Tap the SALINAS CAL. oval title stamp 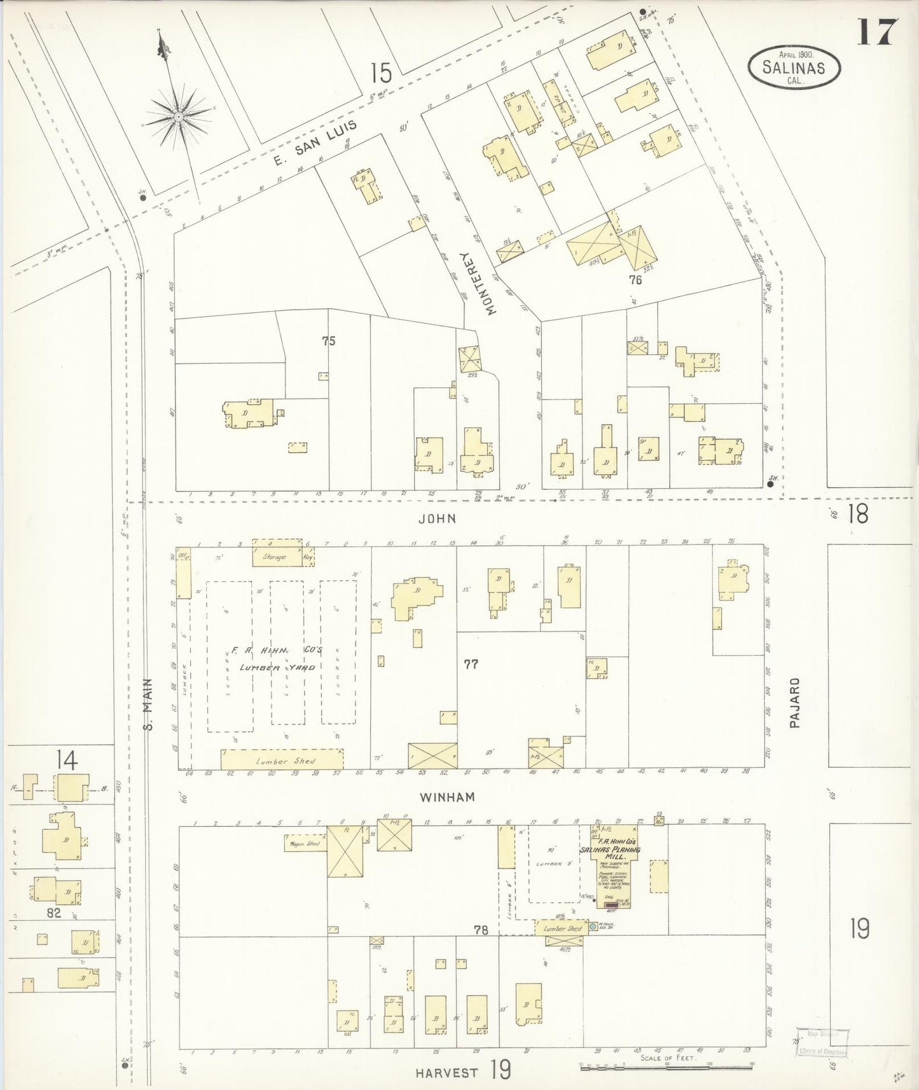point(794,67)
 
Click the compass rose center point(179,117)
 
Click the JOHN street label point(437,518)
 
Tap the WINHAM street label point(447,796)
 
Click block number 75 point(328,341)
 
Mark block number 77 point(471,664)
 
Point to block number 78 point(480,930)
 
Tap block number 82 point(53,913)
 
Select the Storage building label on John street point(275,556)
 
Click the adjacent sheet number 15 point(381,73)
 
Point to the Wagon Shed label point(304,844)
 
